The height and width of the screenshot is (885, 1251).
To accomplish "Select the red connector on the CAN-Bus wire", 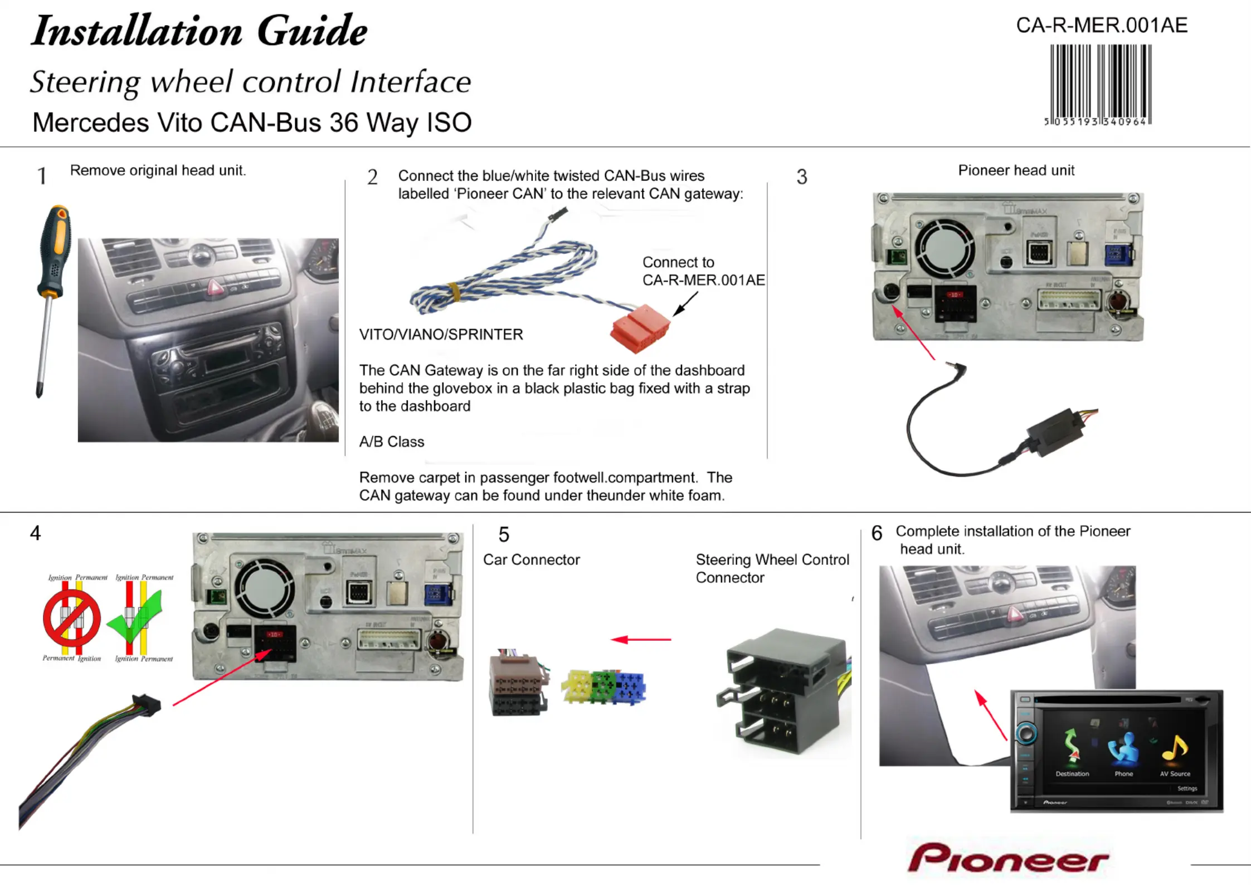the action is [640, 328].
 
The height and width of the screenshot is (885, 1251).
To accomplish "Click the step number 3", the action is [801, 177].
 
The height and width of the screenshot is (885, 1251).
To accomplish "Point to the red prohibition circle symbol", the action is [72, 618].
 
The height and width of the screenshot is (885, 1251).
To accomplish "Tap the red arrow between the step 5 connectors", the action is [641, 640].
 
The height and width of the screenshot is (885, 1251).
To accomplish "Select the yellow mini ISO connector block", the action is [576, 685].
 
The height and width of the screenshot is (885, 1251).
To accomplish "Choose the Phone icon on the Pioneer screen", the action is [1123, 750].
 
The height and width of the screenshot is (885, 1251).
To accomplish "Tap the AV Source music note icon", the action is [1175, 750].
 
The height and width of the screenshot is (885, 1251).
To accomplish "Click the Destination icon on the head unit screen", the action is [1072, 750].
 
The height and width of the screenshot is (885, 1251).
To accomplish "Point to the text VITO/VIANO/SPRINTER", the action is [441, 335].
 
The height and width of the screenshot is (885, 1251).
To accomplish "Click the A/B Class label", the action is [392, 442].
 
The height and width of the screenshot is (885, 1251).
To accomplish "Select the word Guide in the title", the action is [312, 31].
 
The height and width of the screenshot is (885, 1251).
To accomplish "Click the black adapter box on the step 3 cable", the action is [1057, 430].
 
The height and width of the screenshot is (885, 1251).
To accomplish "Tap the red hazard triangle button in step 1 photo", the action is [215, 287].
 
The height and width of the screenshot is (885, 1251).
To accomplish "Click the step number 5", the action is [504, 535].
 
